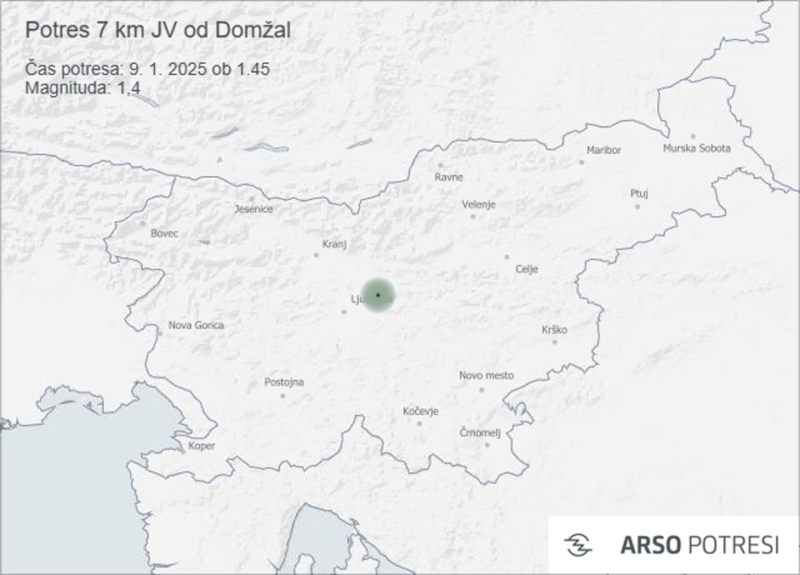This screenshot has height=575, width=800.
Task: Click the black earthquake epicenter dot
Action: (378, 294)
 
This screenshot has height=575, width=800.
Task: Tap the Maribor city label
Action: (603, 151)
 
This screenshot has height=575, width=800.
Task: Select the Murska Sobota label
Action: (696, 149)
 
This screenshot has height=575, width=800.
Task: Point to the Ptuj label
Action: (639, 194)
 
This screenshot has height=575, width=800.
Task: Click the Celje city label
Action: (527, 270)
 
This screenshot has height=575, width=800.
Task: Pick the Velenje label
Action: (478, 205)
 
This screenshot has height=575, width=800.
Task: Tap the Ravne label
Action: (449, 178)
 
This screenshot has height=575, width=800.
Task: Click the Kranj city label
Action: (334, 244)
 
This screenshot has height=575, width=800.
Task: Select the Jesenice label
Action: (254, 209)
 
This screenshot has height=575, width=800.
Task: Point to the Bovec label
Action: (164, 233)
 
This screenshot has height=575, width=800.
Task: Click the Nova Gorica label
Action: (196, 325)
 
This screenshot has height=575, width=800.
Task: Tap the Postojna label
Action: (283, 382)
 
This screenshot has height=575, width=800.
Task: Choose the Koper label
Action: (202, 446)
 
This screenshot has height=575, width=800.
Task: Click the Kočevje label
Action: (420, 412)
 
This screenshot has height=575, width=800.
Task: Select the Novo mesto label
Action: (486, 375)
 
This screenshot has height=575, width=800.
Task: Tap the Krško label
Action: (554, 330)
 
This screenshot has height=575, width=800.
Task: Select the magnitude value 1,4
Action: (129, 87)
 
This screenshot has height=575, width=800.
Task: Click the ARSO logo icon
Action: (578, 545)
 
